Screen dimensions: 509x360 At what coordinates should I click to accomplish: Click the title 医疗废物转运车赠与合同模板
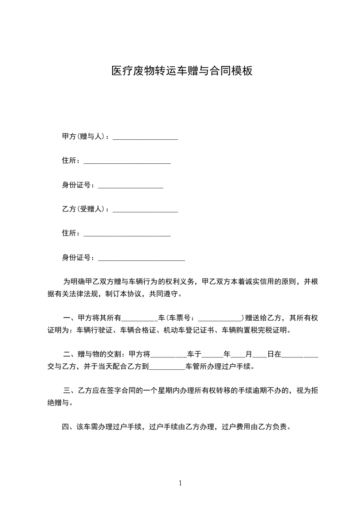(182, 71)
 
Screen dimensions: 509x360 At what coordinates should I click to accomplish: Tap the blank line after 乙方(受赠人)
(145, 211)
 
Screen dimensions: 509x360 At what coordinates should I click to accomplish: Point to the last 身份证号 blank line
(142, 259)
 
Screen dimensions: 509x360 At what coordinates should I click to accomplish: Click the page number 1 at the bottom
(180, 483)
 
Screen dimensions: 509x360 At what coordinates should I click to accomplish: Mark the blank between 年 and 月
(238, 356)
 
